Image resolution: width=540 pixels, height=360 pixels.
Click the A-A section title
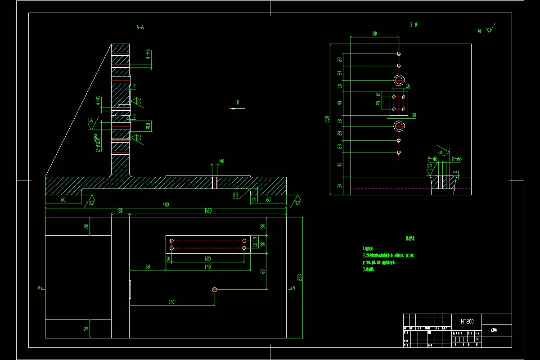click(x=140, y=27)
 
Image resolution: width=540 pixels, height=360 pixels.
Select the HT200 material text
click(x=467, y=321)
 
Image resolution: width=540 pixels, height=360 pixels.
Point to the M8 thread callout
click(x=222, y=161)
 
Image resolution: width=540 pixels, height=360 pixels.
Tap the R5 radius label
click(x=235, y=195)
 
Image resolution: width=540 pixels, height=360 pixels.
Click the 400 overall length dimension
click(x=166, y=205)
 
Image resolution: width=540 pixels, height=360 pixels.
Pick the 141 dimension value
click(x=171, y=302)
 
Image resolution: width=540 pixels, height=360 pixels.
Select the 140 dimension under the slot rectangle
click(x=207, y=267)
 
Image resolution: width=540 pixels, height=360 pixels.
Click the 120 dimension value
click(x=207, y=259)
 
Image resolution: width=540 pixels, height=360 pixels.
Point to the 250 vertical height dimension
click(x=328, y=119)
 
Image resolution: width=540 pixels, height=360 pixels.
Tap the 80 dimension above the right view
click(x=374, y=34)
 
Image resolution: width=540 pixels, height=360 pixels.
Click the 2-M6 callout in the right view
click(x=432, y=159)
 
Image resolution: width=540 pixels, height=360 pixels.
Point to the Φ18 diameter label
click(x=147, y=126)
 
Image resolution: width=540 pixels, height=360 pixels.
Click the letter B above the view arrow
click(x=238, y=103)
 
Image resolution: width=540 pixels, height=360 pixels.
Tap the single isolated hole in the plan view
click(x=215, y=290)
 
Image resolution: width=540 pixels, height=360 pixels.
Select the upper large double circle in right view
click(x=399, y=80)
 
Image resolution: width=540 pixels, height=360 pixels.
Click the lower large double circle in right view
click(x=399, y=126)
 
